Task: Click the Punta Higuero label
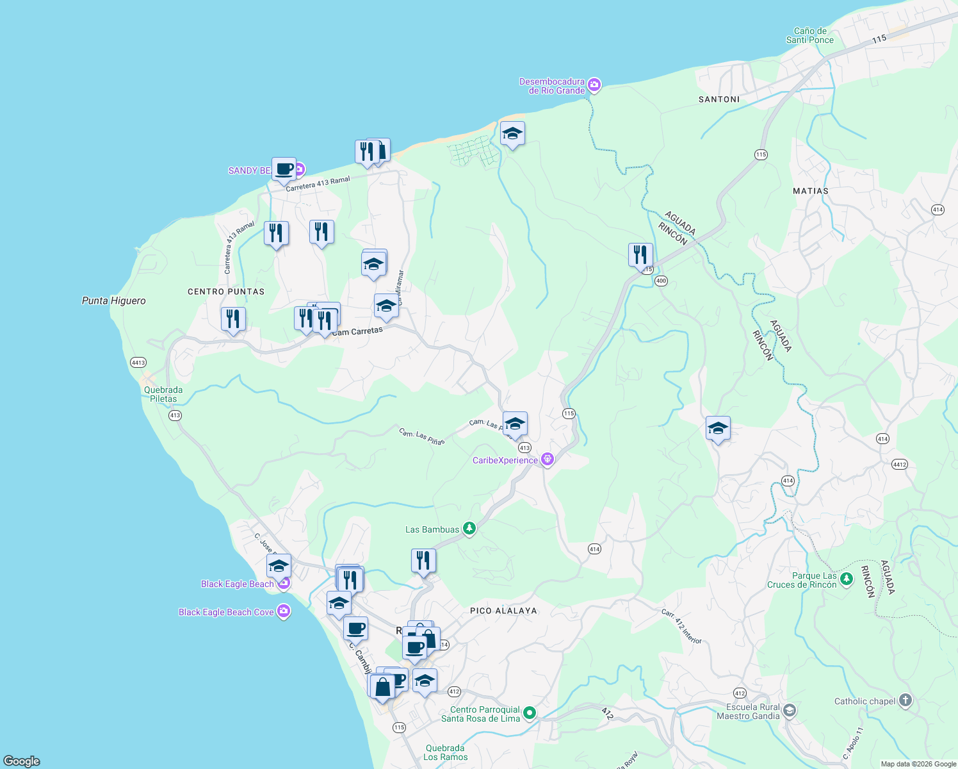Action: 114,301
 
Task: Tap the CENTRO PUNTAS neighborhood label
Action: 226,292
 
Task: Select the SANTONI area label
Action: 719,99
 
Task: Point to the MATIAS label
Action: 810,191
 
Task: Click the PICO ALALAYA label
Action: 503,611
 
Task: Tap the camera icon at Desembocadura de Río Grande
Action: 594,85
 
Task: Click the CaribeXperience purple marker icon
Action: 547,459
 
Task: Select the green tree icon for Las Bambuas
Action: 469,529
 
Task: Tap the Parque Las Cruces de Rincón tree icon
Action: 847,579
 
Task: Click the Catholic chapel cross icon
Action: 905,700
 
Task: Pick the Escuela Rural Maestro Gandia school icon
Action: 790,710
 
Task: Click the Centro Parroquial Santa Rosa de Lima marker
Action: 530,713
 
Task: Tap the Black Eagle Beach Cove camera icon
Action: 284,611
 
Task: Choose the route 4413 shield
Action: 138,362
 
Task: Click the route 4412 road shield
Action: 900,464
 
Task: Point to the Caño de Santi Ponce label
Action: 810,35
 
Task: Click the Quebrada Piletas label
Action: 163,394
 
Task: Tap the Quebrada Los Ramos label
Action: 445,752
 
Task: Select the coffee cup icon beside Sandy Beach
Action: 284,170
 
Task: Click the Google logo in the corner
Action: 21,761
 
